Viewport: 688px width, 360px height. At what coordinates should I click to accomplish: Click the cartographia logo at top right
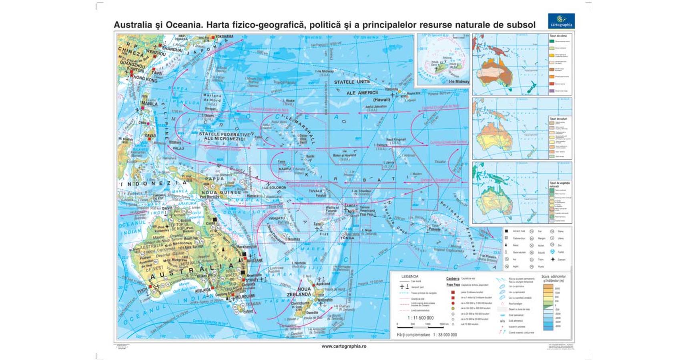(x=561, y=21)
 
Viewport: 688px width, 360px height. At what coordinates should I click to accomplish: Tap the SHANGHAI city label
(x=172, y=49)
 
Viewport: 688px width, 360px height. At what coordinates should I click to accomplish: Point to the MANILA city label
(x=150, y=104)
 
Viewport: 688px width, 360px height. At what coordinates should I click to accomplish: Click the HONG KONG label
(x=145, y=79)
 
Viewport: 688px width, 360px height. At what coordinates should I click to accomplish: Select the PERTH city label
(x=143, y=291)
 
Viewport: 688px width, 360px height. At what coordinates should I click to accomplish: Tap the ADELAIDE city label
(x=203, y=290)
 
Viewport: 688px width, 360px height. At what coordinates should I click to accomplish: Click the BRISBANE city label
(x=255, y=260)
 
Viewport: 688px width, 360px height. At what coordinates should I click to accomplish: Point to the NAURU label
(x=285, y=169)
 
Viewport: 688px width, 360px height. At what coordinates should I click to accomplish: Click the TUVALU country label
(x=316, y=191)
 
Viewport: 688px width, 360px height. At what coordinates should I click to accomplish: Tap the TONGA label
(x=347, y=238)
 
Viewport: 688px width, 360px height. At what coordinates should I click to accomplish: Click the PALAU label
(x=178, y=148)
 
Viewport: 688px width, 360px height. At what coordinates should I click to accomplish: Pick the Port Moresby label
(x=209, y=197)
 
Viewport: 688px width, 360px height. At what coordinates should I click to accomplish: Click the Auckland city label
(x=323, y=284)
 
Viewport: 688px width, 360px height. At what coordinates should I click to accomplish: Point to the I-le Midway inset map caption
(x=459, y=82)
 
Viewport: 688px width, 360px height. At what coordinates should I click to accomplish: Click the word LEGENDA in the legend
(x=410, y=276)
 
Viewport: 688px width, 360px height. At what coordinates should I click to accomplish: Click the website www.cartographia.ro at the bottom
(x=344, y=346)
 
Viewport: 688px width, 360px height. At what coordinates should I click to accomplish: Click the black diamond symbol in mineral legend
(x=553, y=259)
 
